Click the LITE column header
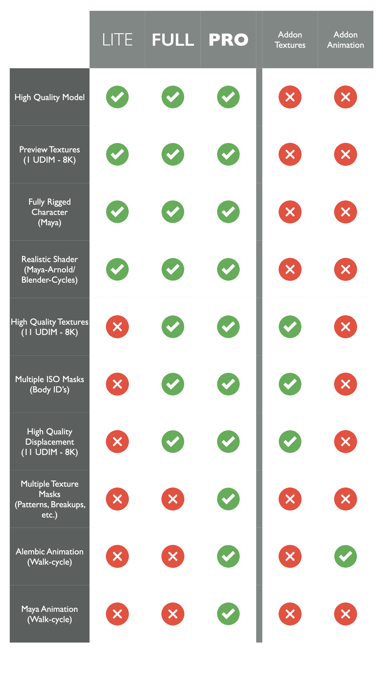[117, 40]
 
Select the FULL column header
[173, 40]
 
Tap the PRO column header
[228, 40]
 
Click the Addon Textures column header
[290, 40]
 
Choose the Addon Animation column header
[345, 40]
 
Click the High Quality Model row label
[50, 97]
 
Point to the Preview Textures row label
[50, 155]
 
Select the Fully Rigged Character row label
[50, 212]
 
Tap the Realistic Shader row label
[50, 269]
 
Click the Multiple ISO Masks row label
[50, 384]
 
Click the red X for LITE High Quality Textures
[117, 327]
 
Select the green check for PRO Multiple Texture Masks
[228, 499]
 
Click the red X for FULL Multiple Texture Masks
[173, 499]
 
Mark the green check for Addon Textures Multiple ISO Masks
[290, 384]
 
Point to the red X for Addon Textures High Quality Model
[290, 97]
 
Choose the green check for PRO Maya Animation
[228, 614]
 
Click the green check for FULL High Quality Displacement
[173, 441]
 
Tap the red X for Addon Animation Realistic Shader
[345, 269]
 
